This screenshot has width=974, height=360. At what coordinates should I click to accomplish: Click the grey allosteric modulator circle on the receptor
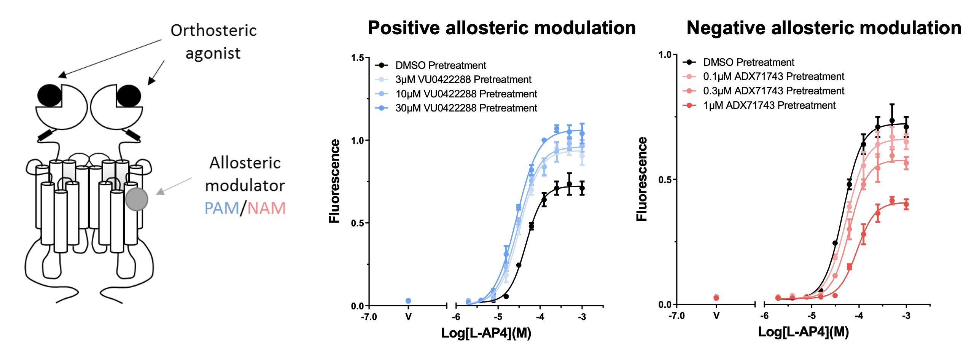[x=137, y=199]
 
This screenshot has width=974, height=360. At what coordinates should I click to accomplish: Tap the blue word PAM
[x=221, y=208]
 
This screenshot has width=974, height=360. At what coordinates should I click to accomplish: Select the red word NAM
[x=266, y=208]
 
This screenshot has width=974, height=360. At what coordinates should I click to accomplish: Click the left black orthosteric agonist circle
[x=49, y=96]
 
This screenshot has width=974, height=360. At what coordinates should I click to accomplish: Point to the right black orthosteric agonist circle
[x=129, y=96]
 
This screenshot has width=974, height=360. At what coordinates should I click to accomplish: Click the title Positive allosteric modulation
[x=501, y=28]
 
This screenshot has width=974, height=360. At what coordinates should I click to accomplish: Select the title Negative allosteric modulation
[x=824, y=28]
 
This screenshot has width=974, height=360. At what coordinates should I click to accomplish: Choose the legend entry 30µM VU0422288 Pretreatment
[x=466, y=108]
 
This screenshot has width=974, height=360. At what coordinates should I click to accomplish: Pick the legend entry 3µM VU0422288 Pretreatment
[x=463, y=80]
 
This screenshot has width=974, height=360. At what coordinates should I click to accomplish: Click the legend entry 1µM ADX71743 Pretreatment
[x=769, y=105]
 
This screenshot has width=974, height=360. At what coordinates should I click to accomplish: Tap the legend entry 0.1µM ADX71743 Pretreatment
[x=773, y=76]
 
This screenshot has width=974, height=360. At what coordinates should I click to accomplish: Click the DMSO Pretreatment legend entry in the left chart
[x=440, y=65]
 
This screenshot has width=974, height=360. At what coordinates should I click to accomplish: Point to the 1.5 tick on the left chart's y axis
[x=358, y=58]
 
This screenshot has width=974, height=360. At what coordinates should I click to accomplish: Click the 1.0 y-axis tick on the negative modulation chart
[x=665, y=55]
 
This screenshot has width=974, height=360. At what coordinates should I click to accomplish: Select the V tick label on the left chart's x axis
[x=408, y=317]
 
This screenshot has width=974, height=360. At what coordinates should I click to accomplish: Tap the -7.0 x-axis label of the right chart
[x=676, y=316]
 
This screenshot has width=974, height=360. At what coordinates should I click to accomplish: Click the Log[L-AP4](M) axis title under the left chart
[x=486, y=333]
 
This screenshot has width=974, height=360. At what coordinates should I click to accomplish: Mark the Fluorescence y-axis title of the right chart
[x=642, y=179]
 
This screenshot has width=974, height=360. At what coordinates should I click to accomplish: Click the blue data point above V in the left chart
[x=408, y=301]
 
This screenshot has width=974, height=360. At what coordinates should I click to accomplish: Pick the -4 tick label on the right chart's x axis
[x=859, y=316]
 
